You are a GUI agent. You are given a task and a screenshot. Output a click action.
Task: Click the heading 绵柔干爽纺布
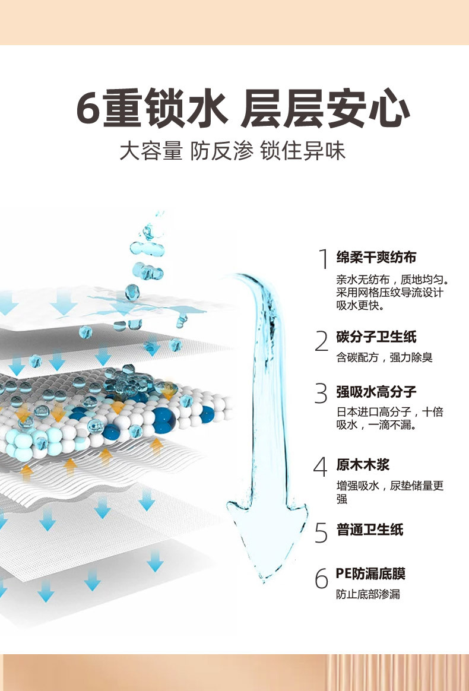pyautogui.click(x=376, y=257)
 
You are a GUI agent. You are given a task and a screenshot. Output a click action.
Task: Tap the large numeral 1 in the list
pyautogui.click(x=323, y=259)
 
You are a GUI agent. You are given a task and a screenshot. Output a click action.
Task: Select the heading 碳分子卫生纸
pyautogui.click(x=376, y=337)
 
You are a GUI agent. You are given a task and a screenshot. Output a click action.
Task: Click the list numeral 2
pyautogui.click(x=322, y=341)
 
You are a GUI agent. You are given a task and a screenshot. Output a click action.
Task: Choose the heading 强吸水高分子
pyautogui.click(x=376, y=392)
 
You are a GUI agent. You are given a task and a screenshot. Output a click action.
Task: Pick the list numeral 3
pyautogui.click(x=322, y=394)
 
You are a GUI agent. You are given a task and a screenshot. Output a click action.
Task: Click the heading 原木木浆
pyautogui.click(x=363, y=464)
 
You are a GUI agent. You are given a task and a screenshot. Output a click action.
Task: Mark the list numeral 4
pyautogui.click(x=321, y=467)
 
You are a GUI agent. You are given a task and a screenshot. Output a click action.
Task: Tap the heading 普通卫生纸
pyautogui.click(x=370, y=529)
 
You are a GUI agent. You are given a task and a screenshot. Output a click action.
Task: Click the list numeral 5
pyautogui.click(x=321, y=532)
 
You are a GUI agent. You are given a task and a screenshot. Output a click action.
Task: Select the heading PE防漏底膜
pyautogui.click(x=371, y=573)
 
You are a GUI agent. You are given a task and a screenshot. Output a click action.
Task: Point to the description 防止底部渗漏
pyautogui.click(x=368, y=594)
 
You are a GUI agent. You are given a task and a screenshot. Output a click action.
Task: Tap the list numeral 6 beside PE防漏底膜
pyautogui.click(x=321, y=578)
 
